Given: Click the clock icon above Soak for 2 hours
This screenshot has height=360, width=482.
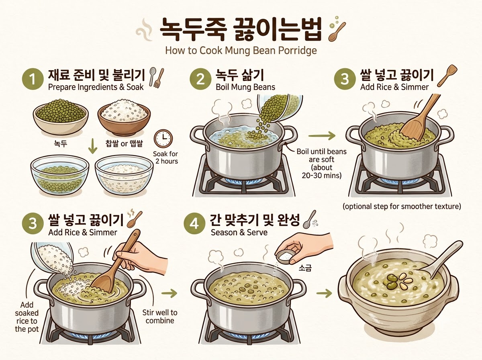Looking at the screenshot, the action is [163, 139].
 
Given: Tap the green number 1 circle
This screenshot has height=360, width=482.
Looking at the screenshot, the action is [33, 79].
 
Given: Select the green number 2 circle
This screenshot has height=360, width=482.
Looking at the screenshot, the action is [200, 79].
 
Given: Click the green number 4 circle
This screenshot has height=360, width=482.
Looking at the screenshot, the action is [194, 225].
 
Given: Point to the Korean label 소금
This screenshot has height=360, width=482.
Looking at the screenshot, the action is [305, 268].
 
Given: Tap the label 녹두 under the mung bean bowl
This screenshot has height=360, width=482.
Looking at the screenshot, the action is [60, 144].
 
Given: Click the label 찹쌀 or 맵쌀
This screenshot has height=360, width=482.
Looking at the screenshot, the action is [124, 144].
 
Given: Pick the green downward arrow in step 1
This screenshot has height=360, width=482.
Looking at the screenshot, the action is [93, 146].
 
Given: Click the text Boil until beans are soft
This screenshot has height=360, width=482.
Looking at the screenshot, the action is [321, 155].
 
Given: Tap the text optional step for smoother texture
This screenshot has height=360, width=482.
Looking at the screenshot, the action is [402, 207].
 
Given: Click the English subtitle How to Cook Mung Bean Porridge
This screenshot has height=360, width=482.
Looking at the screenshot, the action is [241, 51].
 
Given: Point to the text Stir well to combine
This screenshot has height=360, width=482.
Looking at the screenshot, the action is [159, 317].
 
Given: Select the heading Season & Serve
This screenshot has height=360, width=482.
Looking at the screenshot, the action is [239, 232].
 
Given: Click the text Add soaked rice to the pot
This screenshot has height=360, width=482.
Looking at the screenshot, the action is [27, 317].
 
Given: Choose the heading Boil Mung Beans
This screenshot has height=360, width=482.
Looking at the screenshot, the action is [245, 87].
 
